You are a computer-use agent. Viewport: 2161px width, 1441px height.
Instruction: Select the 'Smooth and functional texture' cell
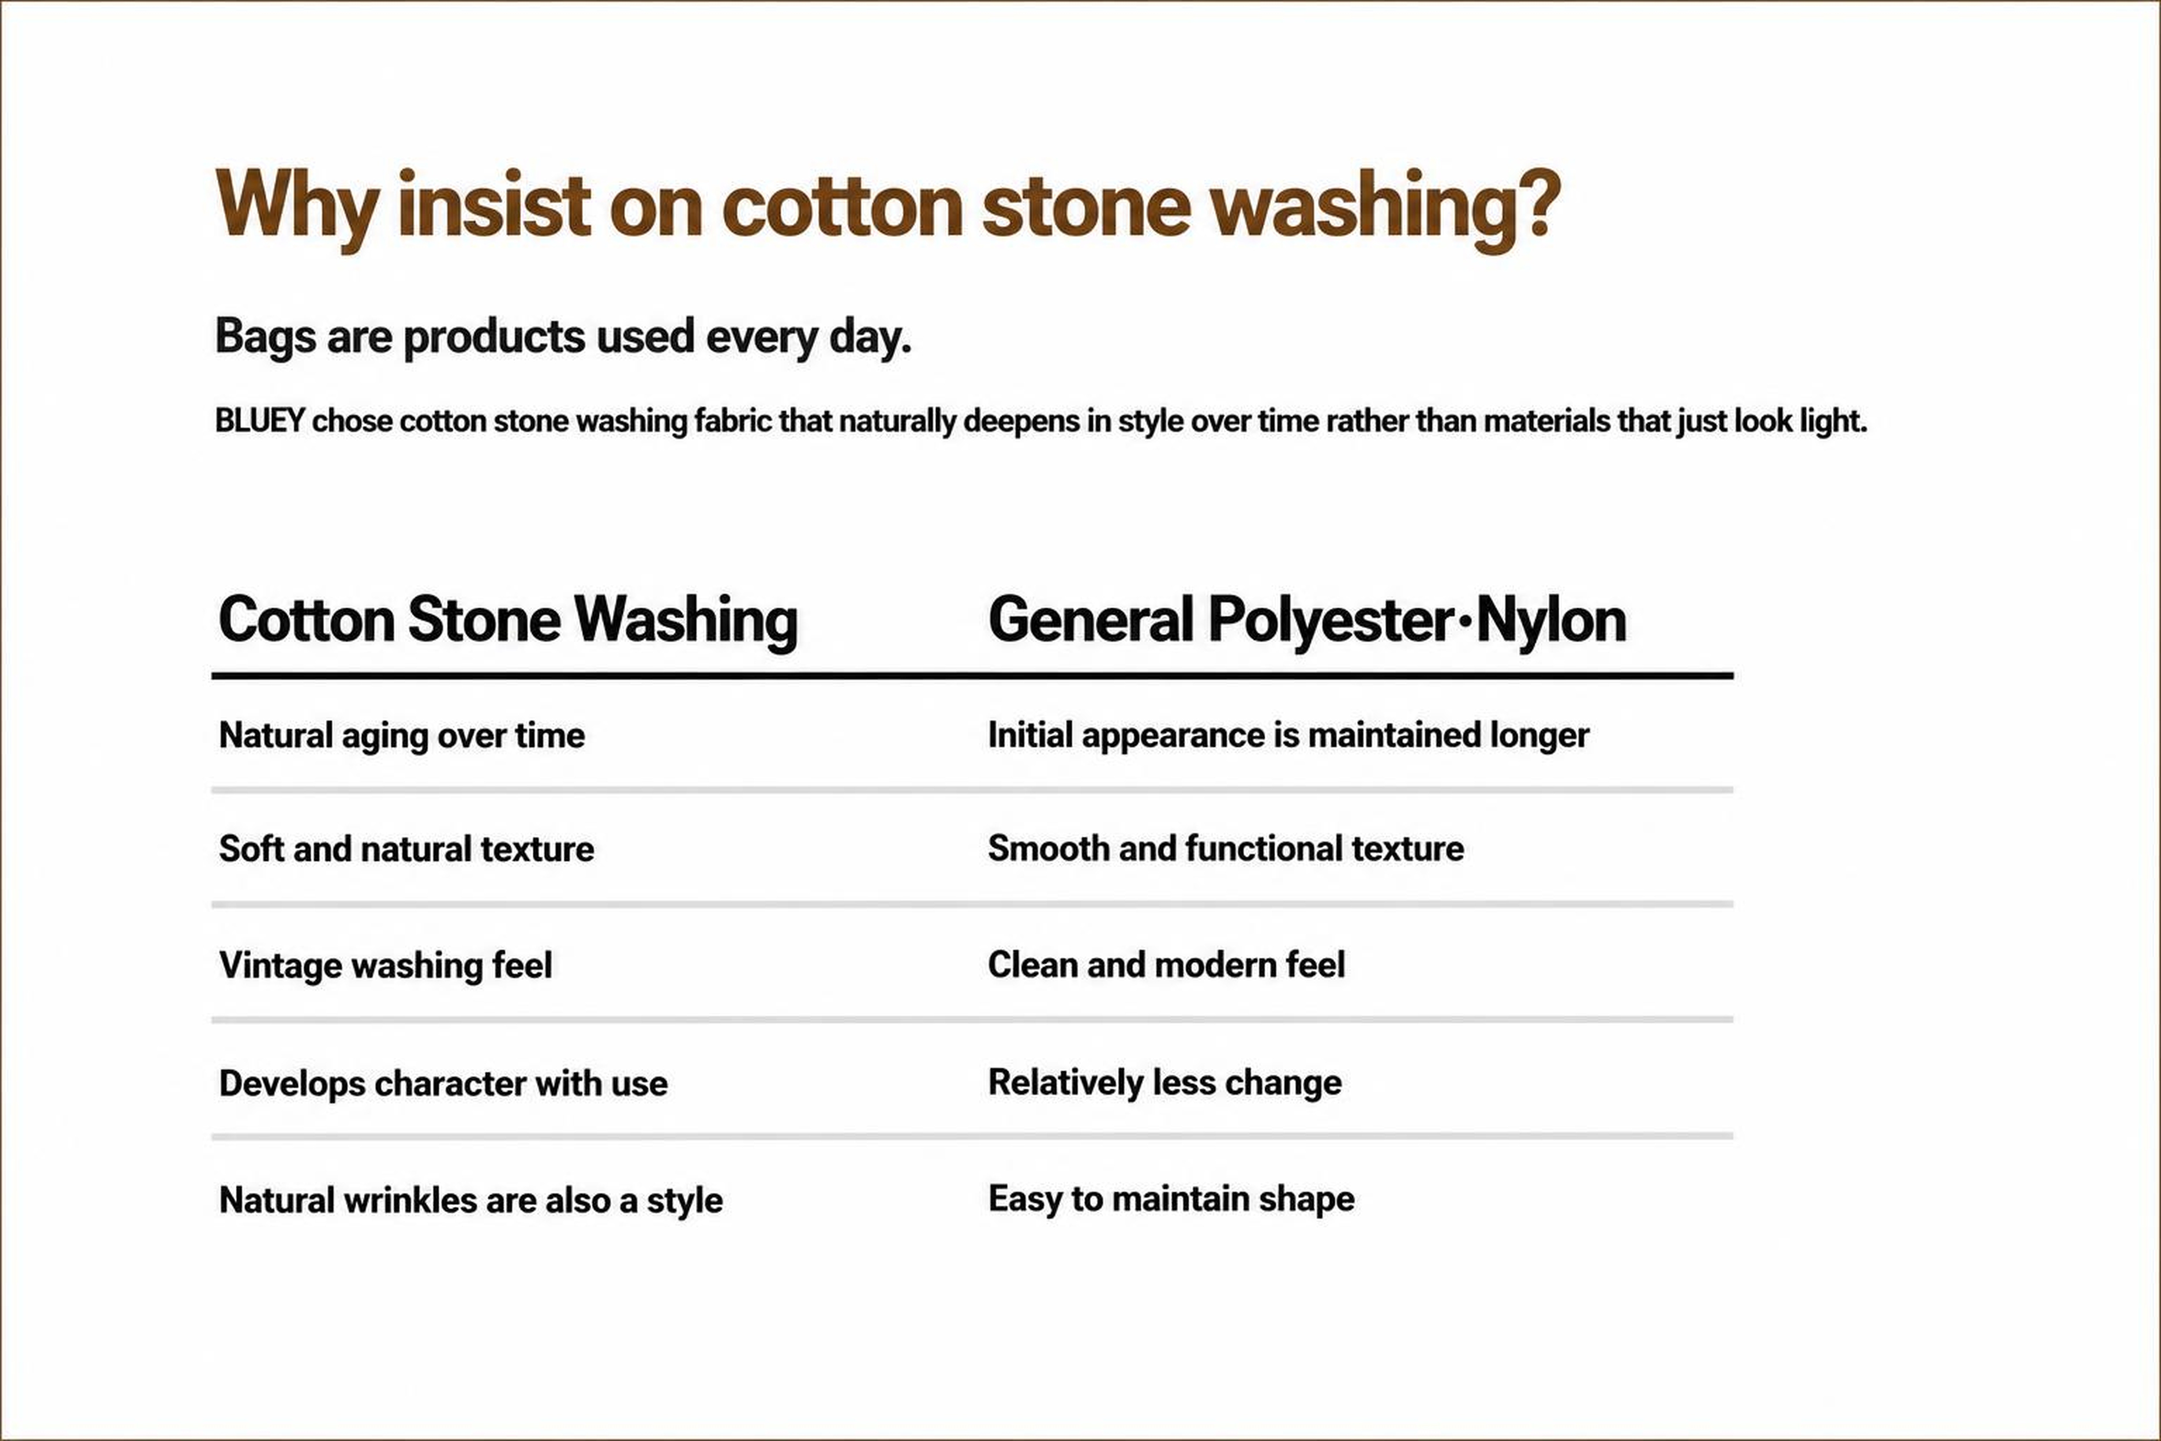pyautogui.click(x=1225, y=848)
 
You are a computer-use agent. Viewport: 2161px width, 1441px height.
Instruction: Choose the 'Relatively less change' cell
pyautogui.click(x=1165, y=1083)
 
